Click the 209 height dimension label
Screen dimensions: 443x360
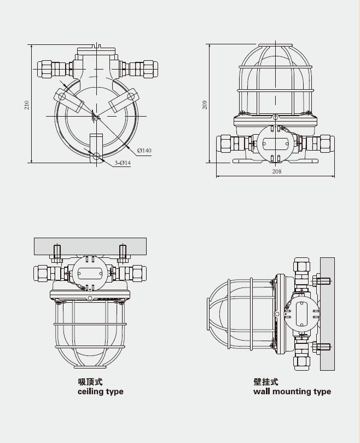205,104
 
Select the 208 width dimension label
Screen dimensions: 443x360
276,171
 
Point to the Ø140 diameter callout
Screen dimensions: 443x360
144,150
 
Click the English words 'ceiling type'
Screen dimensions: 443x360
101,392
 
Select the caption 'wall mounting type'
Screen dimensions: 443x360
292,392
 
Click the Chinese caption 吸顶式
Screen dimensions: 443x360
90,382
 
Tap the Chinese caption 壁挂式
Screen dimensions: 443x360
266,382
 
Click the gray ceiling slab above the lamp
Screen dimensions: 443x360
90,245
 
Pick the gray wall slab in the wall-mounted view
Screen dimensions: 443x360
327,314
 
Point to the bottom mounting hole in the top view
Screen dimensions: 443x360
97,156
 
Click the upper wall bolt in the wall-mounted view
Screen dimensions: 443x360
323,281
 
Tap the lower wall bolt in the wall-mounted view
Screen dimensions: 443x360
323,347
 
